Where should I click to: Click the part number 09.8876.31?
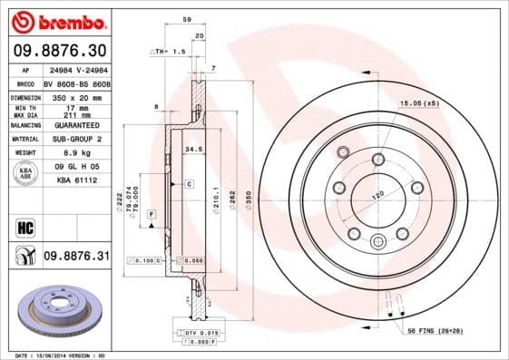(76, 257)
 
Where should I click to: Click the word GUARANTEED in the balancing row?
(74, 124)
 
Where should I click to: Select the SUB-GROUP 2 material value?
(74, 139)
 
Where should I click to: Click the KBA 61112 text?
(74, 181)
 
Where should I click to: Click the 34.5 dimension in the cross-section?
(192, 148)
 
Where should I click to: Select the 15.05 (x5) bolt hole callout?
(419, 103)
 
